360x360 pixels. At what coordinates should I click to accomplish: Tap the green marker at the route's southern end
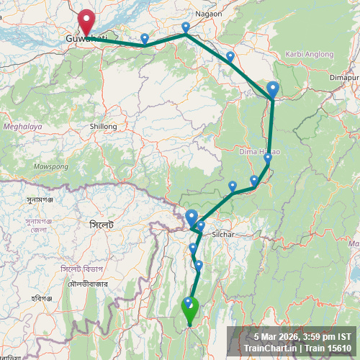coord(189,310)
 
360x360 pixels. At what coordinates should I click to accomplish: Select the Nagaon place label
coord(208,13)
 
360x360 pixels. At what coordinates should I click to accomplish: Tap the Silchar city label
coord(224,235)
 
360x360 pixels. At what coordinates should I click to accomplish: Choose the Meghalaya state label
coord(23,126)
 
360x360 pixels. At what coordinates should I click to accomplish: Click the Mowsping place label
coord(50,166)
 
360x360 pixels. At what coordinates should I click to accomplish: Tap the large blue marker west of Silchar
coord(192,217)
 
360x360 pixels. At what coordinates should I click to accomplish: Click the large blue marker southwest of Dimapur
coord(273,89)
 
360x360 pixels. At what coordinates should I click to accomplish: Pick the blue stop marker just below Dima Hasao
coord(268,158)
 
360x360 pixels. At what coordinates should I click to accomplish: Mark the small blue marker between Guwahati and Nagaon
coord(145,38)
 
